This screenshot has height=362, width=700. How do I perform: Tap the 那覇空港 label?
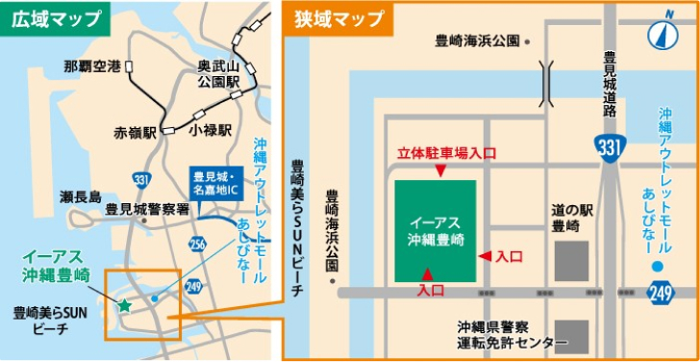point(91,66)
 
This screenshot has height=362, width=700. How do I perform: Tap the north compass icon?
point(661,35)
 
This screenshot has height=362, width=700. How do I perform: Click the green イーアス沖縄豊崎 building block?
point(435,231)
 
